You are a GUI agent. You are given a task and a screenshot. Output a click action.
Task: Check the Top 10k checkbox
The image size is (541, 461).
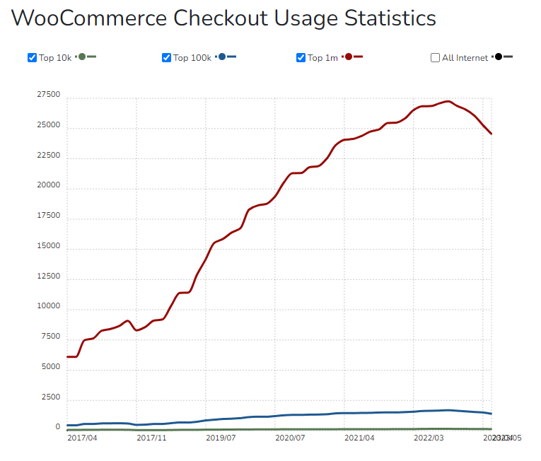pos(32,57)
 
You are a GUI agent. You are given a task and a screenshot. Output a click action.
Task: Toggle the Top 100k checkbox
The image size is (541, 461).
pos(167,57)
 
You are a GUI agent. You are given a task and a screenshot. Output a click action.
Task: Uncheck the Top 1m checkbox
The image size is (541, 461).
pos(301,57)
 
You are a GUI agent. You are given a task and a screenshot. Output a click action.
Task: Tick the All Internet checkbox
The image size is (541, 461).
pos(435,57)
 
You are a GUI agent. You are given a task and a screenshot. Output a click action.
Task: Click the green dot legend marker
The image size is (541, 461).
pos(82,57)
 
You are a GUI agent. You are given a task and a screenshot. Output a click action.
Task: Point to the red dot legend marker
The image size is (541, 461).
pos(349,57)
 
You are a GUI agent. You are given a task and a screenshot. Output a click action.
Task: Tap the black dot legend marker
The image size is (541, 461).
pos(499,57)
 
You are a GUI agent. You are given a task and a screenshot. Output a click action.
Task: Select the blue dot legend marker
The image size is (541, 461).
pos(222,57)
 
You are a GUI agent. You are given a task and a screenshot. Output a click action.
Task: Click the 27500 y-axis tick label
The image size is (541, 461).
pos(48,95)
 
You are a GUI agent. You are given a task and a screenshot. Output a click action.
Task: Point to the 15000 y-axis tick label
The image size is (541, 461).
pos(48,247)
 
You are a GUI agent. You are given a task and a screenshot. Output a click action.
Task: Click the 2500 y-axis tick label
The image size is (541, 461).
pos(50,397)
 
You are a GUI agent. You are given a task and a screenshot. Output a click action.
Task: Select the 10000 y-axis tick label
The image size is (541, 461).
pos(48,307)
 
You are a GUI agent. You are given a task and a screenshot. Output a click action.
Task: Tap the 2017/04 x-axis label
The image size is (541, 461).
pos(83,438)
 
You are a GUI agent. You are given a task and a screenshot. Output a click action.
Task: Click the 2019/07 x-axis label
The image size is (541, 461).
pos(221,438)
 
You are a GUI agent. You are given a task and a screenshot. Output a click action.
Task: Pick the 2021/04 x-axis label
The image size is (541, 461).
pos(359,438)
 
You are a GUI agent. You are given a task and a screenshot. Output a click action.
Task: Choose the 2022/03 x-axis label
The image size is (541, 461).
pos(429,438)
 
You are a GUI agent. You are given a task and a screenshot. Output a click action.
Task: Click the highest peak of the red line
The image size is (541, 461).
pos(448,101)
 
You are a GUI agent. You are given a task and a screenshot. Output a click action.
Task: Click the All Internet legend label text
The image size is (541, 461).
pos(465,58)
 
